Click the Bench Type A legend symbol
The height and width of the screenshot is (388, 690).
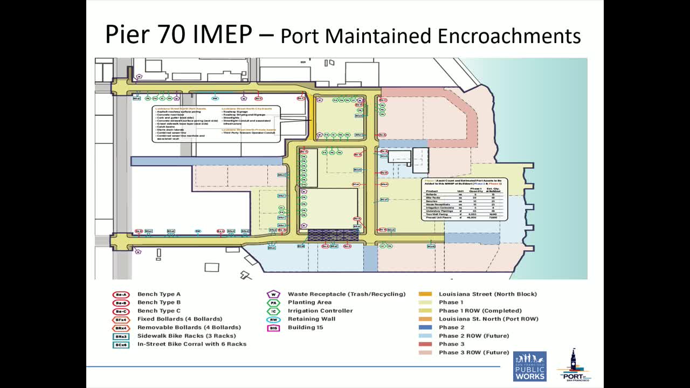120,294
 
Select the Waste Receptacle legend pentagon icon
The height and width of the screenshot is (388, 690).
273,294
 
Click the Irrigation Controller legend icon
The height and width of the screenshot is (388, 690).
273,311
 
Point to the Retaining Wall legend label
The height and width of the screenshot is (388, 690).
311,319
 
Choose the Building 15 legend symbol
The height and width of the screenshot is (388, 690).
273,328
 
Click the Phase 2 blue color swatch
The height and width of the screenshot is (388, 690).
425,328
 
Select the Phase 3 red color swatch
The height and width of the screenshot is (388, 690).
425,344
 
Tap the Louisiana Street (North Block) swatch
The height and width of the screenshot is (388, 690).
425,294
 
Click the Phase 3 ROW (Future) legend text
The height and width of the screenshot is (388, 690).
473,352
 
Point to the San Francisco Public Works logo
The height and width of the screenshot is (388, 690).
529,366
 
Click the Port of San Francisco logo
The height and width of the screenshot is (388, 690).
574,365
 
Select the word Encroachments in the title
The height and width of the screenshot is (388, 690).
509,36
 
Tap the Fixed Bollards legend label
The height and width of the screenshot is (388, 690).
180,319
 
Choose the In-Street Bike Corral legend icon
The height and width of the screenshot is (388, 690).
120,344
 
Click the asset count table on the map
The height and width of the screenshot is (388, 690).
465,199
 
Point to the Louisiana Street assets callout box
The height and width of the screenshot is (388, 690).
216,124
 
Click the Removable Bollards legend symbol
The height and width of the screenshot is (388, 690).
120,328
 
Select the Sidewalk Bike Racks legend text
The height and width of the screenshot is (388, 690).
186,336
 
